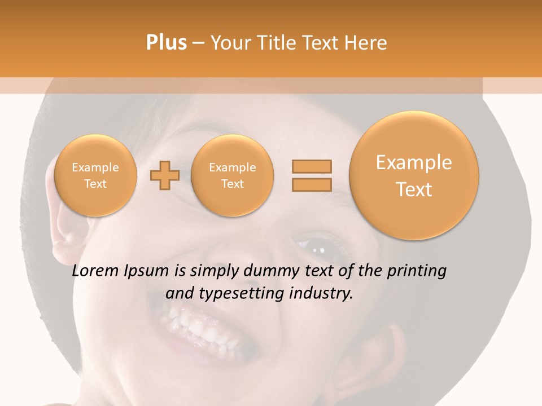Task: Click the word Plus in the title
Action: coord(167,43)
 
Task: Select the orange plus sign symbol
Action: coord(165,175)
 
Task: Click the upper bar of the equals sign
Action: coord(311,166)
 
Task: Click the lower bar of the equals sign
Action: coord(311,184)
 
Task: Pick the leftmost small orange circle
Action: coord(95,175)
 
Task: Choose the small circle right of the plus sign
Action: coord(233,175)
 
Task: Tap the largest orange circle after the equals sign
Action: coord(414,175)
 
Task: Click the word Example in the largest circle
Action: coord(414,162)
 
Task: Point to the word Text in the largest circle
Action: coord(414,189)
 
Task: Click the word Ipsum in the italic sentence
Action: coord(146,272)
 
